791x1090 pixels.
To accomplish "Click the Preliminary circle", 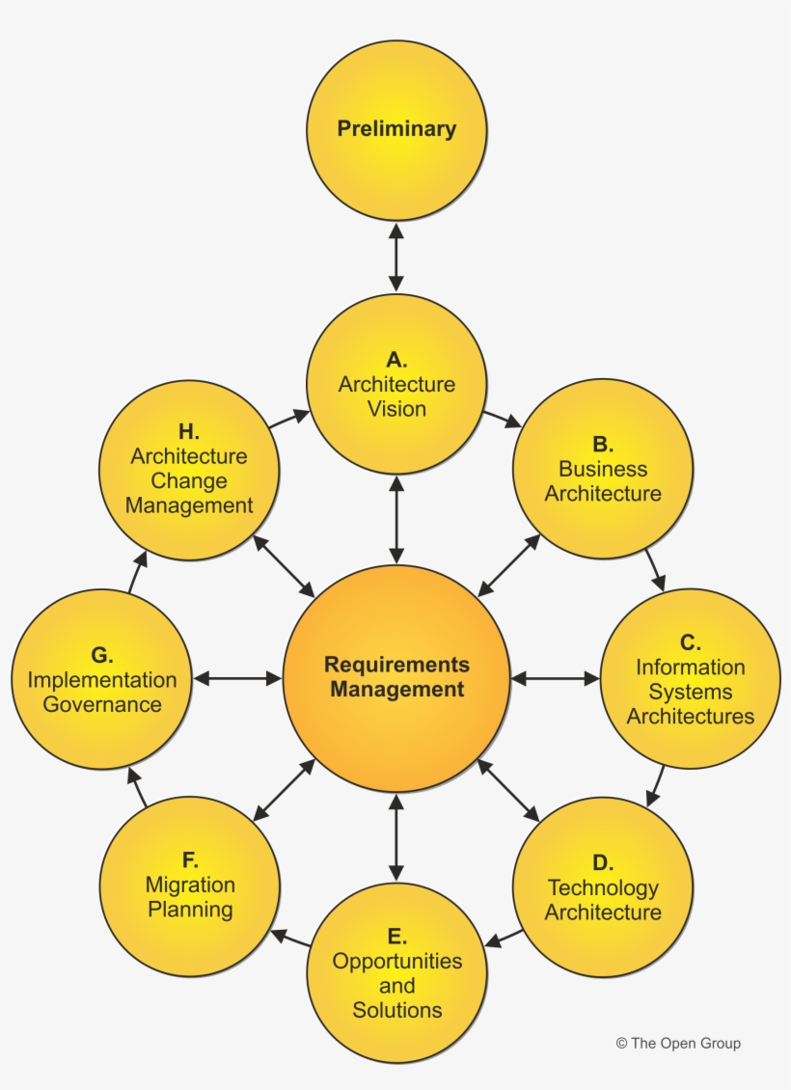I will (x=395, y=129).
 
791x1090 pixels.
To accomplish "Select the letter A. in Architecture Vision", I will (x=396, y=360).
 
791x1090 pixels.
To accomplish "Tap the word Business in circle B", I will (x=603, y=469).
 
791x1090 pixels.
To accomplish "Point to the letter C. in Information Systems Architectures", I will (x=690, y=642).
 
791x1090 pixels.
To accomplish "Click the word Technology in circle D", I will (x=603, y=887).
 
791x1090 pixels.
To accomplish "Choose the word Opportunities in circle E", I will (x=396, y=962).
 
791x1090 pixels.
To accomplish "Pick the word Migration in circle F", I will (x=190, y=885).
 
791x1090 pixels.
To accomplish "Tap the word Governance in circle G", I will (x=102, y=704).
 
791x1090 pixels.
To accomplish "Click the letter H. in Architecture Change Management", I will (x=189, y=432).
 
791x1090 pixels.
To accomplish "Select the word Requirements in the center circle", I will (x=396, y=665).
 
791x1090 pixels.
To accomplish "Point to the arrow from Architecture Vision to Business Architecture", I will (x=501, y=419).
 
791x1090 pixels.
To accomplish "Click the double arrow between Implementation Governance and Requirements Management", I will (x=236, y=678).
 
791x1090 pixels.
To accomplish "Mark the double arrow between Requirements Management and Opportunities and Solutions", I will (x=395, y=836).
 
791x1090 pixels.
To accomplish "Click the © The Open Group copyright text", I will (x=678, y=1043).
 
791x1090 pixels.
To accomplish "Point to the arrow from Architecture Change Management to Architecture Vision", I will (x=289, y=419).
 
